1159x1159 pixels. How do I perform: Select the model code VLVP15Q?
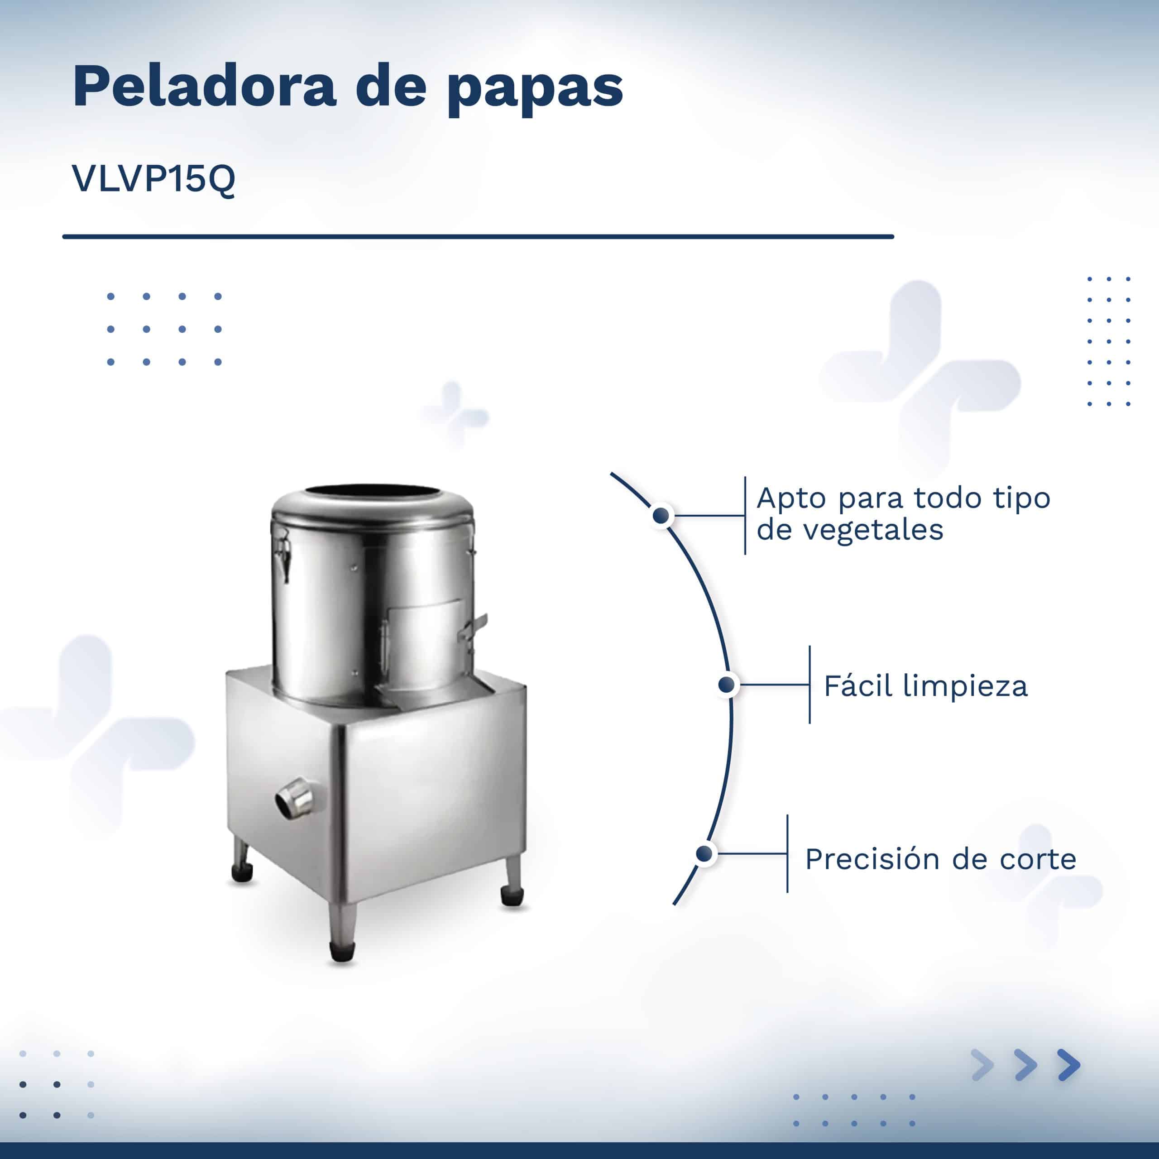tap(153, 179)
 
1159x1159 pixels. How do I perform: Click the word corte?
tap(1038, 860)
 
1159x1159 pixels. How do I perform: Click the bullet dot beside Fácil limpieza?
tap(727, 685)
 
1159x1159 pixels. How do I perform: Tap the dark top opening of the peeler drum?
tap(372, 490)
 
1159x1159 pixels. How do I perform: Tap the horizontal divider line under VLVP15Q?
tap(478, 236)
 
